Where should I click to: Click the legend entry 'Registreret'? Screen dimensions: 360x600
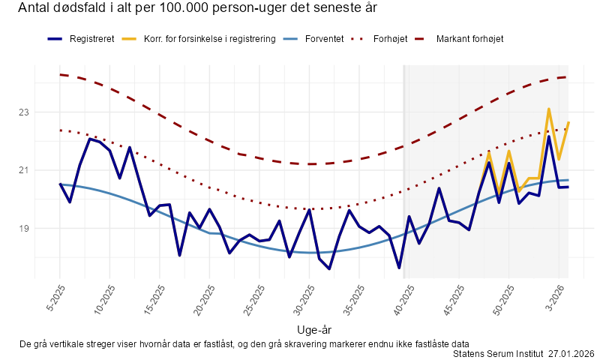[x=91, y=38]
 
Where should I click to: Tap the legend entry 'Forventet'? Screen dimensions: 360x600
[x=325, y=38]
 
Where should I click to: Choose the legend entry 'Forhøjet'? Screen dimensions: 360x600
[x=390, y=38]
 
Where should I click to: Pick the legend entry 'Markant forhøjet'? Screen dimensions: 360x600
[x=470, y=38]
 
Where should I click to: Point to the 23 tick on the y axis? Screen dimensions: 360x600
[x=24, y=112]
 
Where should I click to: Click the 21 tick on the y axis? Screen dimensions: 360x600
[x=24, y=170]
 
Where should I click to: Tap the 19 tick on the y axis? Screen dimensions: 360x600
[x=24, y=228]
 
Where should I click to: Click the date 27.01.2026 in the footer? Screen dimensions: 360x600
[x=571, y=353]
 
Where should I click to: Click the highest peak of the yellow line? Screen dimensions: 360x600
[x=549, y=109]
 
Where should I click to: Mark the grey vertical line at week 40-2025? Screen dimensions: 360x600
[x=405, y=172]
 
